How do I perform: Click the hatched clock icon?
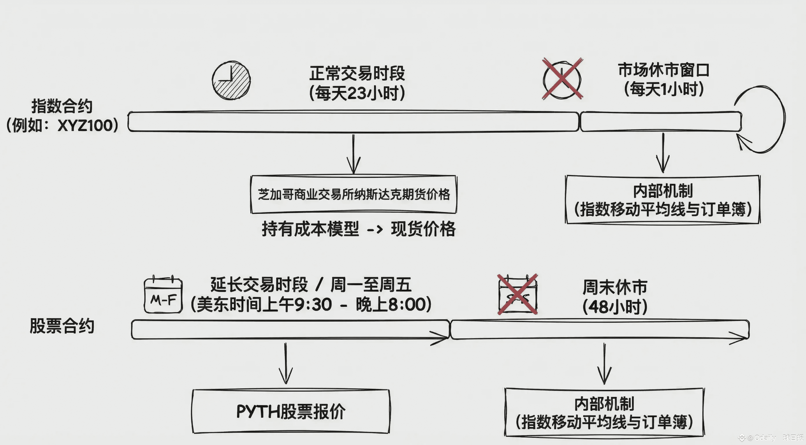pos(231,81)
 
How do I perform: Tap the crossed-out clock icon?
pos(562,79)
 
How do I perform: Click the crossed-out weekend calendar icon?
pos(518,295)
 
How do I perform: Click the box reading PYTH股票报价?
pos(291,411)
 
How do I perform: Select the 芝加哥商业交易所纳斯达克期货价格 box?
pos(353,194)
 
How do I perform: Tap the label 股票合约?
pos(62,326)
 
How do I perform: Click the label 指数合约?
pos(62,106)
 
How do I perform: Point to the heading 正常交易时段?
pos(357,73)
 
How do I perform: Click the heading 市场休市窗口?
pos(663,70)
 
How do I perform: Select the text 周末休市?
pos(615,287)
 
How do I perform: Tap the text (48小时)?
pos(615,307)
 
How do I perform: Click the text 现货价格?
pos(423,229)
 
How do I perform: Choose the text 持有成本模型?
pos(310,229)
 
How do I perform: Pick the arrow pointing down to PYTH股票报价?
pos(285,363)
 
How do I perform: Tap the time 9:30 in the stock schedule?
pos(313,304)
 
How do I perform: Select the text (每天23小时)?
pos(357,93)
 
